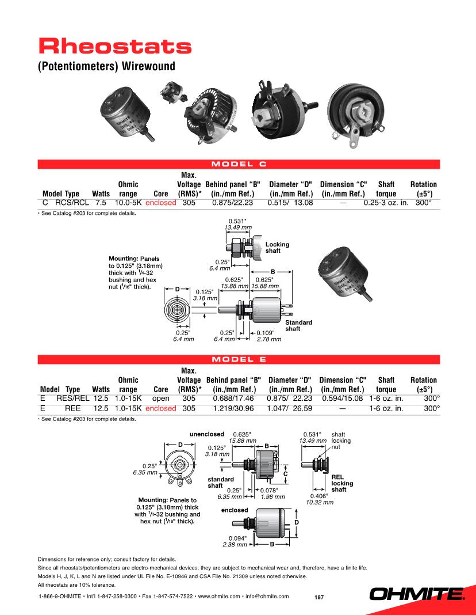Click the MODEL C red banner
point(239,164)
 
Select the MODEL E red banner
point(239,360)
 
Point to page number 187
point(319,597)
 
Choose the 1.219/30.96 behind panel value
point(233,408)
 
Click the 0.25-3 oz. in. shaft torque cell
point(386,203)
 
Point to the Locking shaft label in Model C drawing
point(277,248)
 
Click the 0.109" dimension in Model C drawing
point(266,333)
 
